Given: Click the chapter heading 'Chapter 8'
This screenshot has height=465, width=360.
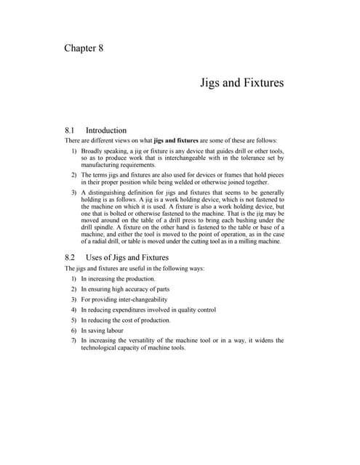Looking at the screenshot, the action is [84, 49].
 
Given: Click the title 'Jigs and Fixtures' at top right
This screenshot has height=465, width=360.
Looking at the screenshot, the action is [241, 83].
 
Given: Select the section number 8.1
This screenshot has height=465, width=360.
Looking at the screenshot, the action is [71, 131].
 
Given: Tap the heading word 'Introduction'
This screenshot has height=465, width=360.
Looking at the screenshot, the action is [106, 131].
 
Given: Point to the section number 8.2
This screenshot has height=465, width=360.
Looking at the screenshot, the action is [71, 257].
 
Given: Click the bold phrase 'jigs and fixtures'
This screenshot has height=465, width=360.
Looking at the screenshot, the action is [178, 140].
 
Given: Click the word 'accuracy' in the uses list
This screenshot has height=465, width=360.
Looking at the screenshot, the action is [142, 288].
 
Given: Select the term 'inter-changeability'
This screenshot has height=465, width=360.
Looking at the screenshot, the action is [135, 299].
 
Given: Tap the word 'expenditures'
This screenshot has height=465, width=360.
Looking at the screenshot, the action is [129, 310].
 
